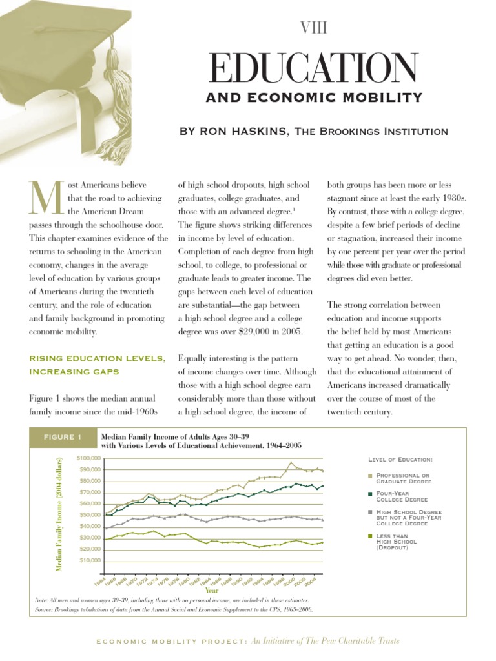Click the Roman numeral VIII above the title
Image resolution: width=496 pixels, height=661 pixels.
click(x=313, y=27)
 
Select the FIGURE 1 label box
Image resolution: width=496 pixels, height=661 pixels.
click(x=62, y=438)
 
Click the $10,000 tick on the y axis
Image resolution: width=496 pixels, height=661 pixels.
click(x=89, y=560)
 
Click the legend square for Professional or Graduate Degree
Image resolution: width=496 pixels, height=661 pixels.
click(x=370, y=476)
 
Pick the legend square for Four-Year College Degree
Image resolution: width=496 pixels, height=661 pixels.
click(x=370, y=494)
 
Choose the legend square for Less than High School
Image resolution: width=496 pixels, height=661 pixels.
click(x=370, y=536)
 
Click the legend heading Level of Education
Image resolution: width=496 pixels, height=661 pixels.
click(x=400, y=459)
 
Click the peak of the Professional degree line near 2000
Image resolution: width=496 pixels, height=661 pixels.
click(x=291, y=462)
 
